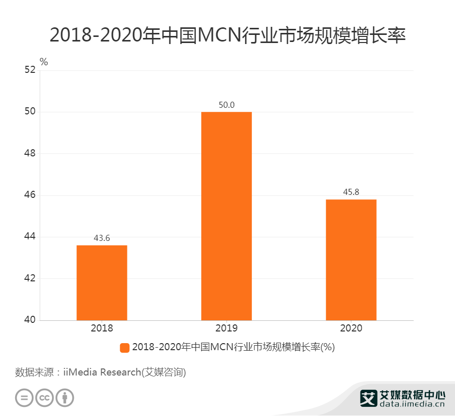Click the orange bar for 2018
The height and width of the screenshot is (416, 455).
point(102,282)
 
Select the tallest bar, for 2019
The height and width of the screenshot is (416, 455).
point(226,216)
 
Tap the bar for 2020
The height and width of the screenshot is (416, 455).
point(351,260)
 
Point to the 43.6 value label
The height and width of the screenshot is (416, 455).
point(102,238)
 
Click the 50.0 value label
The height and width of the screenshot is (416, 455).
point(226,105)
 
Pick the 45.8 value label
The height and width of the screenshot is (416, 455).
point(351,192)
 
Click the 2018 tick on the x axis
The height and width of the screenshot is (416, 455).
point(102,328)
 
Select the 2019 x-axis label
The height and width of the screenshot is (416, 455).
point(226,328)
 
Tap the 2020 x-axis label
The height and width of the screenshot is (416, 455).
point(351,328)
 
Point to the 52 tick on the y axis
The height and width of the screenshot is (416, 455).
point(30,70)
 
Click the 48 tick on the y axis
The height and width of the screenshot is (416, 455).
point(30,153)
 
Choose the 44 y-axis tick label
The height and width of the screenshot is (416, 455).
point(30,237)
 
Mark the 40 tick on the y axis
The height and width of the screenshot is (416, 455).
point(30,320)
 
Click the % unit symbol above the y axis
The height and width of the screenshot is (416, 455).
point(44,62)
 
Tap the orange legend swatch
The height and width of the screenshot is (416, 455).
point(125,347)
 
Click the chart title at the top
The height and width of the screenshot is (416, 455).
point(227,36)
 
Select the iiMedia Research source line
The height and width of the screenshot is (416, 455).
point(101,372)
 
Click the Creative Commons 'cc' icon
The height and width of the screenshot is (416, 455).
point(44,397)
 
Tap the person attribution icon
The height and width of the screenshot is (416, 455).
point(65,397)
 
